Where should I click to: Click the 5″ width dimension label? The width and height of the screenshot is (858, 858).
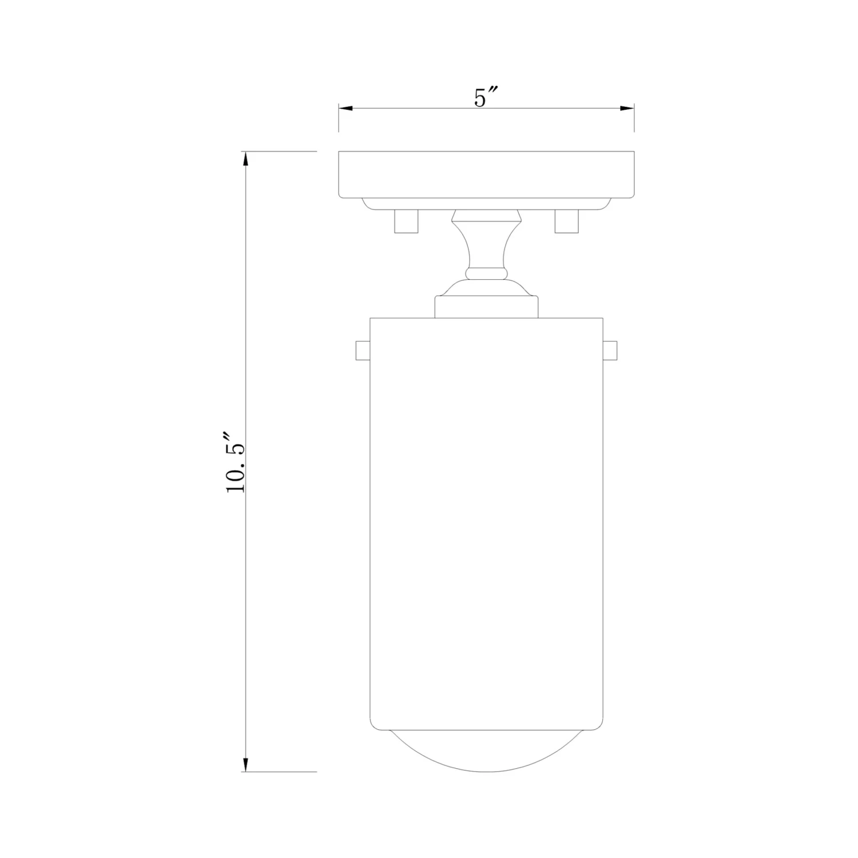pos(487,98)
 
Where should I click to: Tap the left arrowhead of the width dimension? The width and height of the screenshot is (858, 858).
pos(347,108)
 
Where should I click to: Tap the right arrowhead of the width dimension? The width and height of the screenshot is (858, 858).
pos(626,108)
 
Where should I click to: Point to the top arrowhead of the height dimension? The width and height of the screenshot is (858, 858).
pos(246,160)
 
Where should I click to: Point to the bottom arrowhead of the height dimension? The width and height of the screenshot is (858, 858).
pos(246,764)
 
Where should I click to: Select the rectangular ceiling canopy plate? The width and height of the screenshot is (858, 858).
pos(486,175)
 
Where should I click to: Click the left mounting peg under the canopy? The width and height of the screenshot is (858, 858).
pos(406,221)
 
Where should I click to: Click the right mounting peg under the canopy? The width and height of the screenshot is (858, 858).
pos(567,221)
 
